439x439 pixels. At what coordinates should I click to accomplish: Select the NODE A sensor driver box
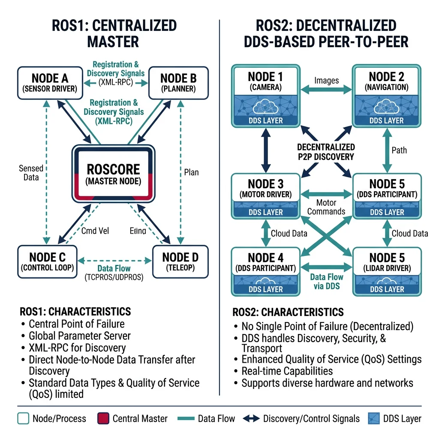tap(50, 83)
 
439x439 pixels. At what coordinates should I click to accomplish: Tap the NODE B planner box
tap(178, 83)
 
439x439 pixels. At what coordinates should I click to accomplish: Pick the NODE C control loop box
tap(48, 262)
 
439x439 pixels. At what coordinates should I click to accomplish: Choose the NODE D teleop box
tap(180, 262)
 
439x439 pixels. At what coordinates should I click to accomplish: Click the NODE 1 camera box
tap(266, 95)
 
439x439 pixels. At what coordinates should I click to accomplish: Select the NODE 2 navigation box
tap(387, 95)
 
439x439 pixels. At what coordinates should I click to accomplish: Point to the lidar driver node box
tap(387, 271)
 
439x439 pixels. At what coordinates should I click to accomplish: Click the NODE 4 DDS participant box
tap(266, 271)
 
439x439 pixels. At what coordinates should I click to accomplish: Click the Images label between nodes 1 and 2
tap(326, 80)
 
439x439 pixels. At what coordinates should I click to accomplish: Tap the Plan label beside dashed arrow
tap(191, 172)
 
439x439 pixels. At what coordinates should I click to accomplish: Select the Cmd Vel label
tap(95, 231)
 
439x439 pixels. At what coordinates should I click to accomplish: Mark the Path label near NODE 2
tap(399, 150)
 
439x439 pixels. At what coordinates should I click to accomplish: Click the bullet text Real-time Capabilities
tap(287, 371)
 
